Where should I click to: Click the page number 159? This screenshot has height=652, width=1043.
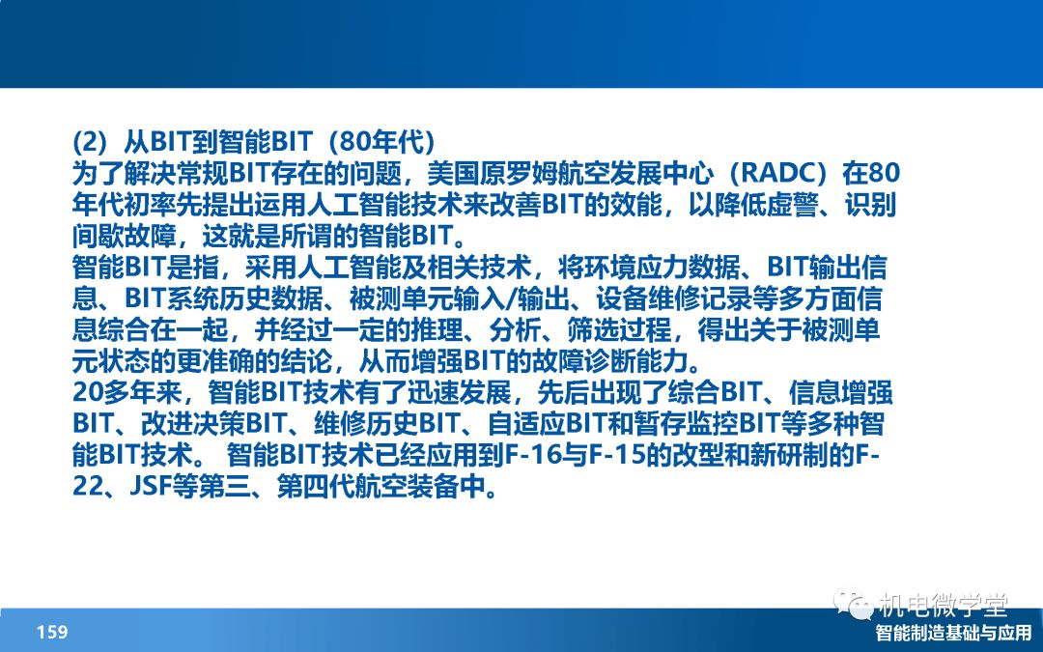[x=52, y=632]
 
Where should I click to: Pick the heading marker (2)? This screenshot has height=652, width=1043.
[x=90, y=141]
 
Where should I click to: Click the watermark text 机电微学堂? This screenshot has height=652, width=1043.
[x=944, y=605]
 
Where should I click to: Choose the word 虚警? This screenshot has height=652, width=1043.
[x=791, y=205]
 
